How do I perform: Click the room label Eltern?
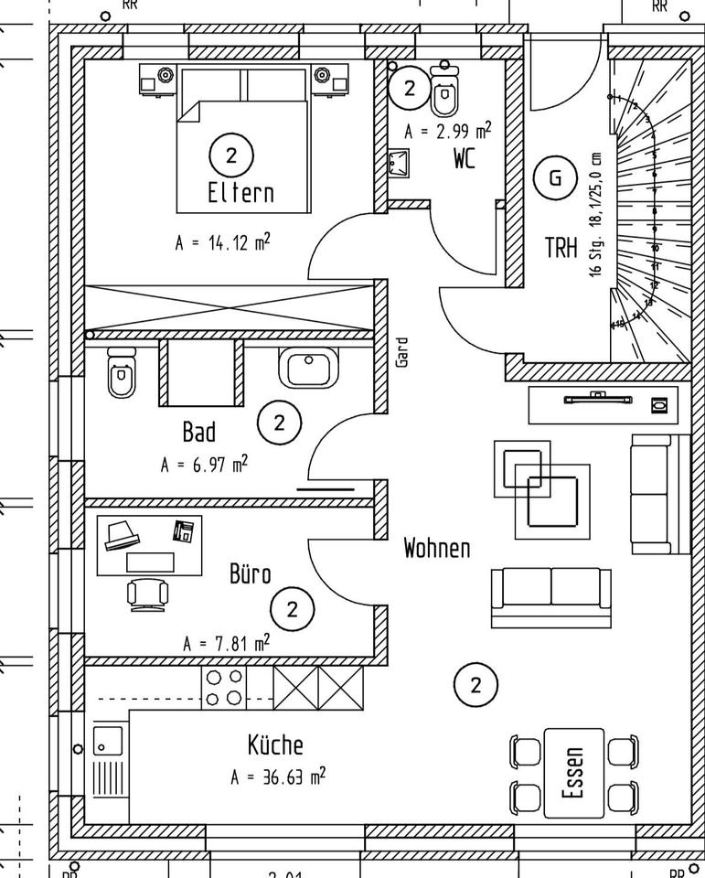[x=240, y=193]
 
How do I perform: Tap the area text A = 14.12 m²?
[x=222, y=243]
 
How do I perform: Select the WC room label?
[x=465, y=159]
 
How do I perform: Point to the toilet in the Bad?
[x=121, y=372]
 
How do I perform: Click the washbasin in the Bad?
[x=309, y=368]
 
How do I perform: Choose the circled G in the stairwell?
[x=555, y=177]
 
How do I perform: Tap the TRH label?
[x=561, y=247]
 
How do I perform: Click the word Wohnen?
[x=437, y=548]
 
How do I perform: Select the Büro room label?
[x=250, y=574]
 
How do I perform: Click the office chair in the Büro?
[x=149, y=593]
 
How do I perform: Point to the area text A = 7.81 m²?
[x=226, y=643]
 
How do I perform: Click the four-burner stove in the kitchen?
[x=224, y=688]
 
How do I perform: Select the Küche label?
[x=274, y=744]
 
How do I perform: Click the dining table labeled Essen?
[x=573, y=773]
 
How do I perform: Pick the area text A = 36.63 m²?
[x=278, y=777]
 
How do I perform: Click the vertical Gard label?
[x=402, y=352]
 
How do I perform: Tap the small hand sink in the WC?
[x=398, y=163]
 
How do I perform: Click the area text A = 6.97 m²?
[x=204, y=464]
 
